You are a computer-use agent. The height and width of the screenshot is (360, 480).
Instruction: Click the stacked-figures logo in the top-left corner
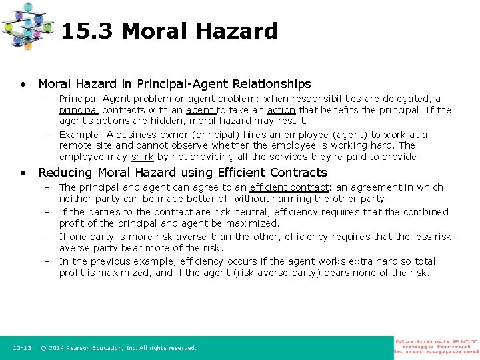(27, 25)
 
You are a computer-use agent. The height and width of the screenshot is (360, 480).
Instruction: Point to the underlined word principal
(79, 110)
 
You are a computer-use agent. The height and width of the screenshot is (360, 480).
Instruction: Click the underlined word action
(281, 110)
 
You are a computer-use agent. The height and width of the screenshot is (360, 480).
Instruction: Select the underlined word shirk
(143, 157)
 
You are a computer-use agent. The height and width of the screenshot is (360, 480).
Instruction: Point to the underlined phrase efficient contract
(289, 188)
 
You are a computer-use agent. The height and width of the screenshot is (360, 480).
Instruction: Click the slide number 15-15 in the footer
(22, 348)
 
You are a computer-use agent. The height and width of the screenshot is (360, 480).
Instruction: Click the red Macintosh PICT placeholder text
(437, 346)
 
